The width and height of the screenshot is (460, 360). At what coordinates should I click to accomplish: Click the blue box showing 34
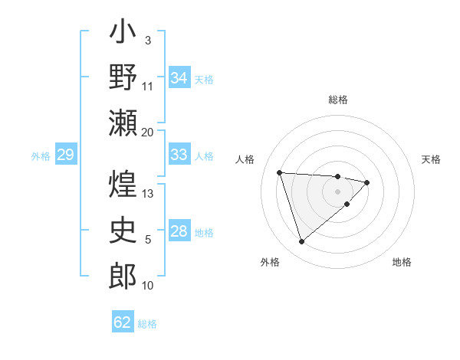click(179, 77)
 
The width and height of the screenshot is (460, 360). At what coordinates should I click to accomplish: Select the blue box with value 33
click(179, 154)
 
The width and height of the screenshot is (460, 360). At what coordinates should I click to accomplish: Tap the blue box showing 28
click(179, 231)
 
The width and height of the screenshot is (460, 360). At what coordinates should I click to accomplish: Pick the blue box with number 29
click(65, 155)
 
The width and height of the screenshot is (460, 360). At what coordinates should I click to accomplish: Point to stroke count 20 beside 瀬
click(147, 132)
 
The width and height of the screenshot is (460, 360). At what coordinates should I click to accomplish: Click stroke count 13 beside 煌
click(148, 193)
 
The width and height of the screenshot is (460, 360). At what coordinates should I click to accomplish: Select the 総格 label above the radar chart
click(338, 100)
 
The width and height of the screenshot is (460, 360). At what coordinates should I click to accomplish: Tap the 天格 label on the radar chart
click(432, 159)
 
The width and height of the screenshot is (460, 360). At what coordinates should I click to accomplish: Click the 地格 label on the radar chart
click(402, 262)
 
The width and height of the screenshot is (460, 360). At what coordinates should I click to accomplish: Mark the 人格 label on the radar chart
click(245, 159)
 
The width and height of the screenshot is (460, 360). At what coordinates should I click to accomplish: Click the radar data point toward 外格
click(301, 242)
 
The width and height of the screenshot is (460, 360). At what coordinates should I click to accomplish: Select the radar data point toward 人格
click(280, 172)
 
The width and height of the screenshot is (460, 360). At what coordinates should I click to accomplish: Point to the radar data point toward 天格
click(367, 182)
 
